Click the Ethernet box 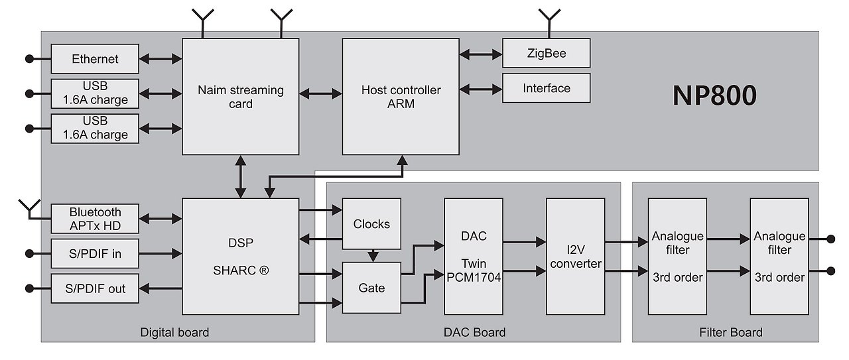pyautogui.click(x=95, y=59)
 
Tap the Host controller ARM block pyautogui.click(x=401, y=96)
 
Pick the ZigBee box pyautogui.click(x=546, y=53)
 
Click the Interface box pyautogui.click(x=546, y=88)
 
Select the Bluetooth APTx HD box pyautogui.click(x=95, y=219)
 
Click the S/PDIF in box pyautogui.click(x=95, y=253)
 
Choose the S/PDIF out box pyautogui.click(x=95, y=288)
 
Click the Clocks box pyautogui.click(x=371, y=224)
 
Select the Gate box pyautogui.click(x=371, y=288)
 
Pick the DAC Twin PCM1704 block pyautogui.click(x=474, y=256)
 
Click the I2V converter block pyautogui.click(x=575, y=256)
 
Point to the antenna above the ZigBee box pyautogui.click(x=549, y=17)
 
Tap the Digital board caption pyautogui.click(x=174, y=332)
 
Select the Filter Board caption pyautogui.click(x=731, y=332)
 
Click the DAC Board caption pyautogui.click(x=474, y=332)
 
